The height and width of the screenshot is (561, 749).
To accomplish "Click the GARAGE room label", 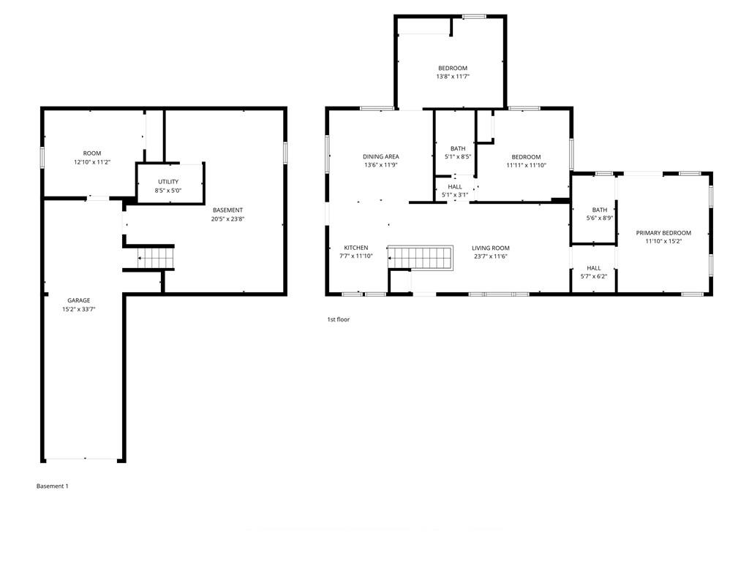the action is pyautogui.click(x=79, y=300).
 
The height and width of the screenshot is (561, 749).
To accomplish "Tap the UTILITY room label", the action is pyautogui.click(x=168, y=182).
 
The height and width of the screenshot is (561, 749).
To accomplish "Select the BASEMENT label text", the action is pyautogui.click(x=228, y=210).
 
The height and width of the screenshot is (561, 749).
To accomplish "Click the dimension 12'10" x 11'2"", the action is pyautogui.click(x=92, y=162).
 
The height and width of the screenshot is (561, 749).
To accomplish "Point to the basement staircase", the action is pyautogui.click(x=155, y=258).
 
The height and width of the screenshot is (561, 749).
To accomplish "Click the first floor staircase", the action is pyautogui.click(x=421, y=258).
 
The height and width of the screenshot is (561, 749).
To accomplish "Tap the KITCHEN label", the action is pyautogui.click(x=356, y=248).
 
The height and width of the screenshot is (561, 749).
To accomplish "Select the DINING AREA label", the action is pyautogui.click(x=380, y=156).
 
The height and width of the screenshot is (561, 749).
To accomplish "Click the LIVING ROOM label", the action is pyautogui.click(x=491, y=248).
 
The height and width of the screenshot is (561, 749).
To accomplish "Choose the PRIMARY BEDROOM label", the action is pyautogui.click(x=663, y=233).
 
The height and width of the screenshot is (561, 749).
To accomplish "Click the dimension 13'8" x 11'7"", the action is pyautogui.click(x=453, y=76).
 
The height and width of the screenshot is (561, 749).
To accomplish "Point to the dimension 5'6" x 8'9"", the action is pyautogui.click(x=600, y=218).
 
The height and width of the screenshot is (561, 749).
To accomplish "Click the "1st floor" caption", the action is pyautogui.click(x=338, y=320).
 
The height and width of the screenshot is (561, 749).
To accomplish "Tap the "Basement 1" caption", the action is pyautogui.click(x=53, y=486).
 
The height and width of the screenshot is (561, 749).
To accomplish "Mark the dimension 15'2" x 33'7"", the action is pyautogui.click(x=79, y=309).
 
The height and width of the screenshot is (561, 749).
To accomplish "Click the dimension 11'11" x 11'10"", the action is pyautogui.click(x=527, y=166).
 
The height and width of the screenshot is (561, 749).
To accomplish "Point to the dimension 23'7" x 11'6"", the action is pyautogui.click(x=491, y=256).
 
